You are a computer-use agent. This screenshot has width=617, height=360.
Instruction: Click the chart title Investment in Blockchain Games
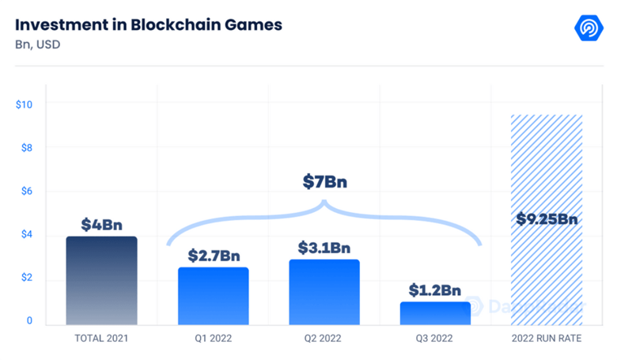pos(149,24)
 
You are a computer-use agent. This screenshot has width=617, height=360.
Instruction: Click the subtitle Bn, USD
pos(37,44)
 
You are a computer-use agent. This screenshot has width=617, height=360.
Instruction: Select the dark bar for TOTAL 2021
pos(101,281)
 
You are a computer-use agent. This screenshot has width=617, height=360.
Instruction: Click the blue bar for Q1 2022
pos(213,296)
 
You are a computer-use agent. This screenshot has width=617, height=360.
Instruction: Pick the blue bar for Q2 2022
pos(324,292)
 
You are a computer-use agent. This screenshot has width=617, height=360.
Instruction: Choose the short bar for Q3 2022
pos(435,313)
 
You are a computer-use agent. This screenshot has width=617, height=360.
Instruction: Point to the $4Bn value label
pos(101,225)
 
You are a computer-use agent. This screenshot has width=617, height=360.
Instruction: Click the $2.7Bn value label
pos(213,256)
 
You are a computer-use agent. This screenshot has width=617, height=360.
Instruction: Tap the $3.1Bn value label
pos(324,248)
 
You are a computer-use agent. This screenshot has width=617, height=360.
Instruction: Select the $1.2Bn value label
pos(435,290)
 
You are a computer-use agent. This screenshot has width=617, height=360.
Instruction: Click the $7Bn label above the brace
pos(324,182)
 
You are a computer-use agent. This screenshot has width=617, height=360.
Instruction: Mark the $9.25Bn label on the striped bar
pos(547,219)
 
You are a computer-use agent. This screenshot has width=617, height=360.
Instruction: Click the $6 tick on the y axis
pos(25,191)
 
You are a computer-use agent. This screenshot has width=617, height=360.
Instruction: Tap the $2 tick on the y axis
pos(25,278)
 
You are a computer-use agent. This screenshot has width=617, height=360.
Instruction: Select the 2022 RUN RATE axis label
pos(547,338)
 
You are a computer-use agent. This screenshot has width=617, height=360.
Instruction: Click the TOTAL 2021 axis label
pos(101,338)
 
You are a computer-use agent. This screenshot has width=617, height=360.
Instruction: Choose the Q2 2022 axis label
pos(324,338)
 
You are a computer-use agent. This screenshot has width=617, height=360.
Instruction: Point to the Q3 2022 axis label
pos(435,338)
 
